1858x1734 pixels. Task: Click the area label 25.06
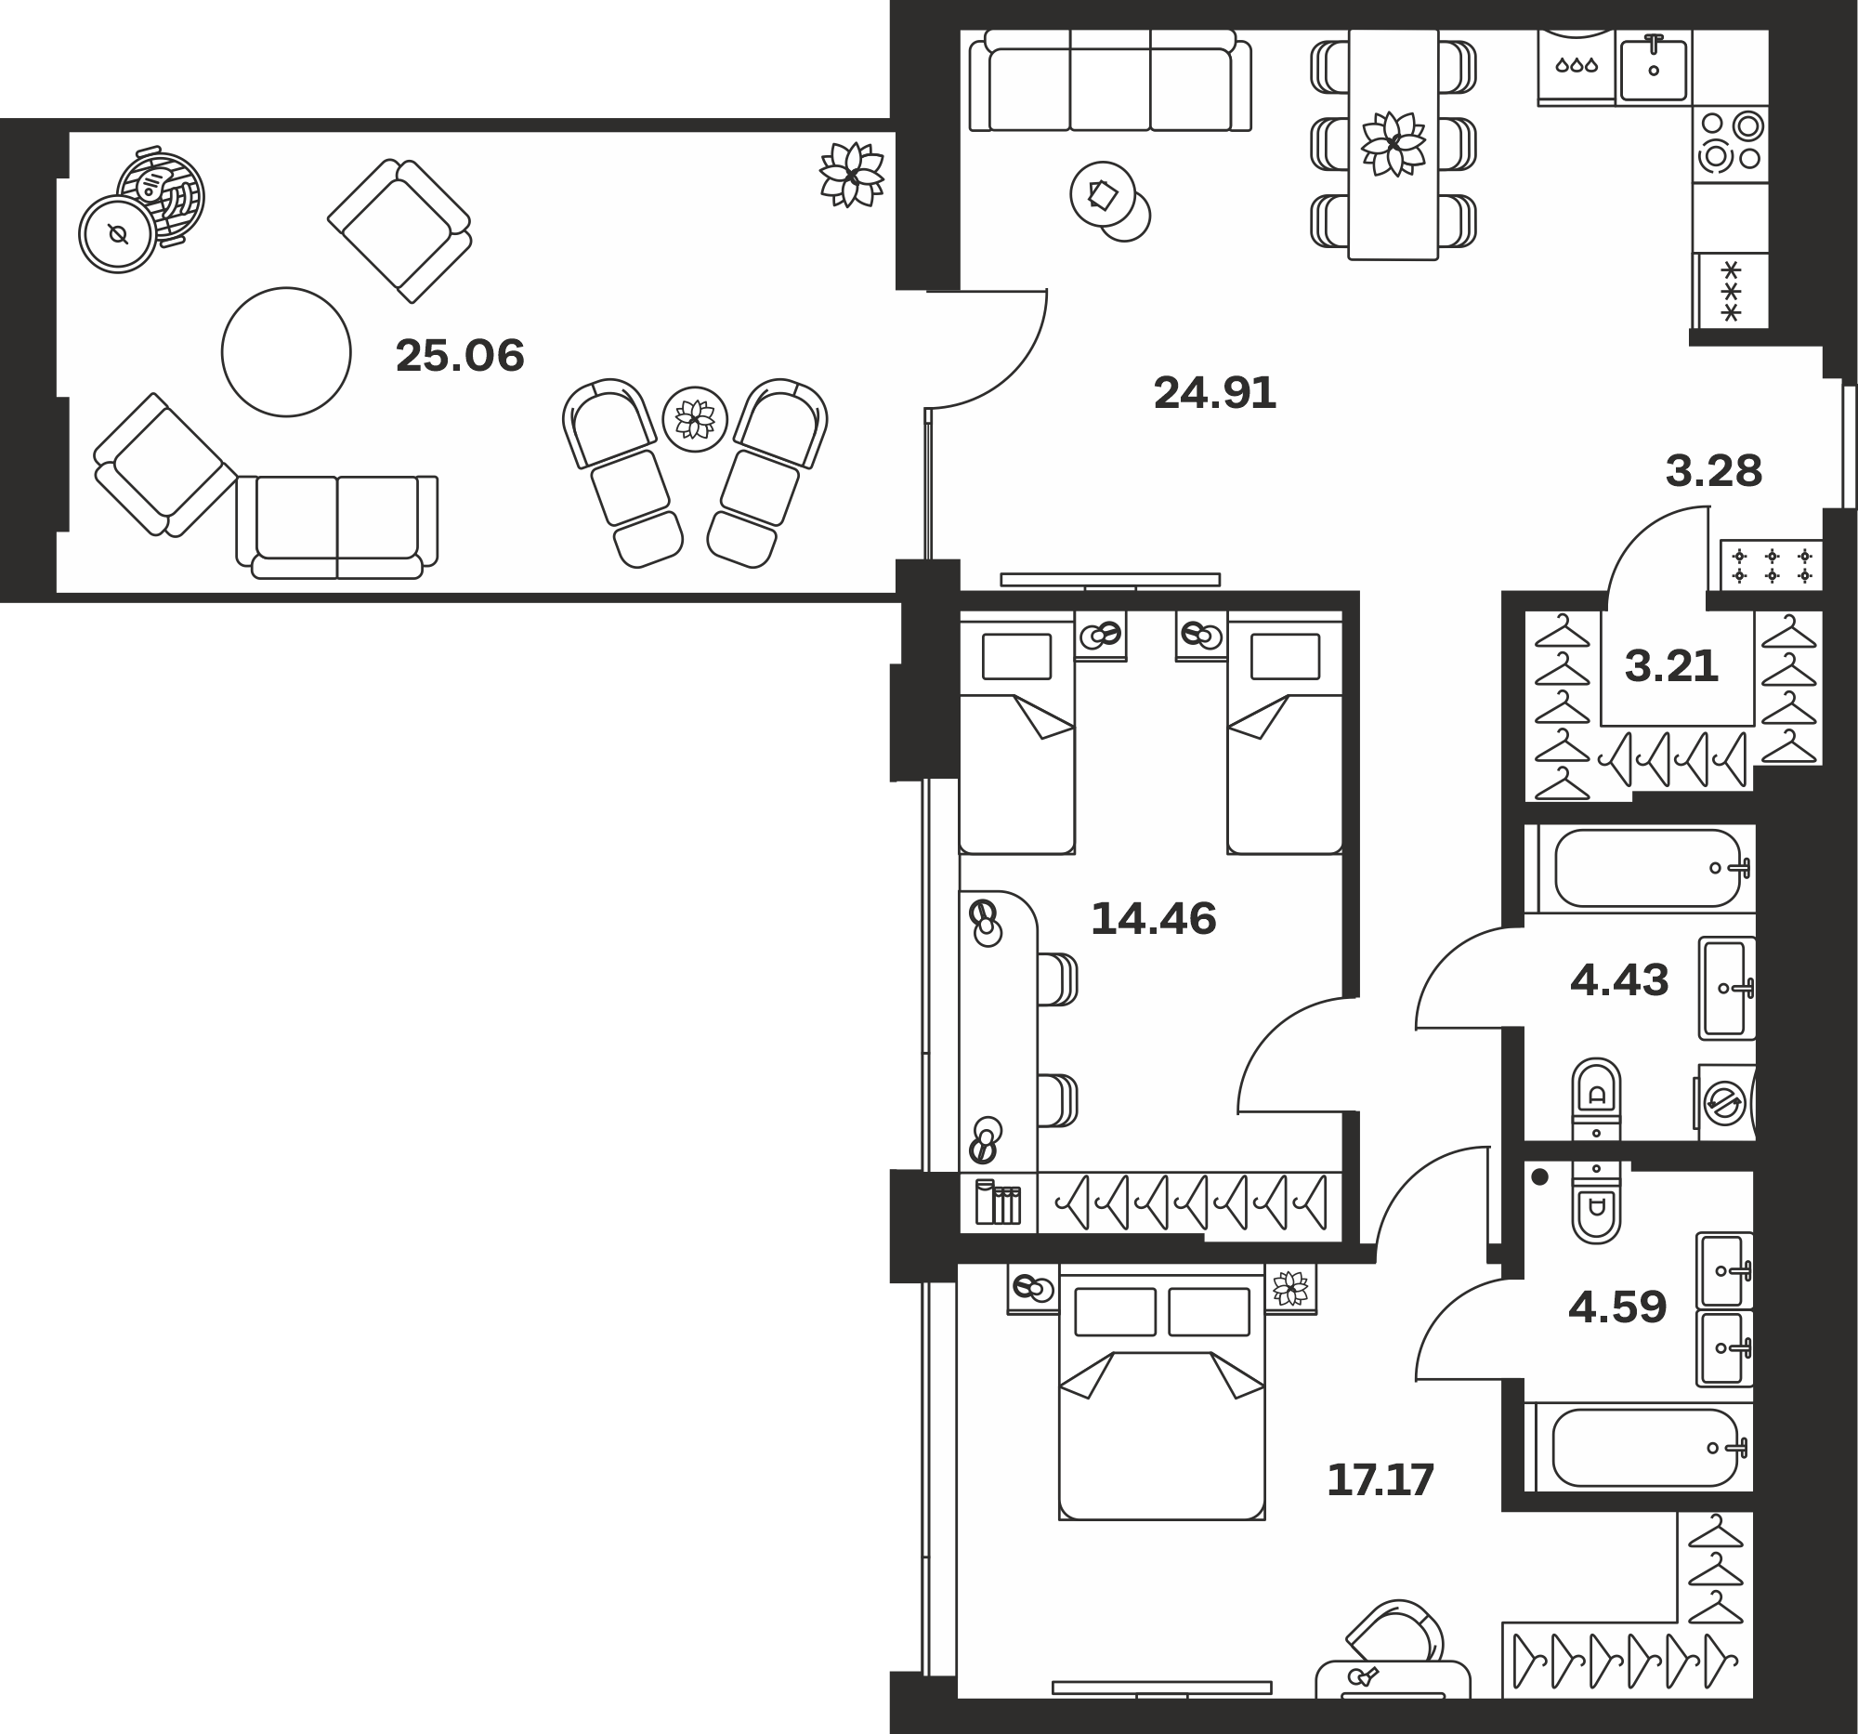click(x=460, y=356)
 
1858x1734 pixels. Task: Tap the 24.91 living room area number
click(x=1215, y=393)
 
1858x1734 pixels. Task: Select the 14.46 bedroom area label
click(x=1153, y=919)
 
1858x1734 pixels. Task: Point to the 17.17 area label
click(x=1380, y=1480)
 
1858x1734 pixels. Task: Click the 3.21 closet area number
click(x=1671, y=666)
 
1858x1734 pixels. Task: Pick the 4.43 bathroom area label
click(x=1618, y=980)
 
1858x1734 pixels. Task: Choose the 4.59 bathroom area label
click(x=1616, y=1307)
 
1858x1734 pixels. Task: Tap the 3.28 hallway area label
click(x=1714, y=471)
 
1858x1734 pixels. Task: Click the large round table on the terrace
click(x=286, y=351)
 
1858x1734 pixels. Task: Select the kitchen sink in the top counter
click(x=1655, y=67)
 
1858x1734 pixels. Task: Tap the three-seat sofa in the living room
click(x=1109, y=81)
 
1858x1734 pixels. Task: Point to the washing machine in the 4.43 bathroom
click(x=1724, y=1103)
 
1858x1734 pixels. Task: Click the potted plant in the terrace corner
click(x=851, y=175)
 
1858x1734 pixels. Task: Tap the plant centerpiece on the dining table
click(x=1393, y=144)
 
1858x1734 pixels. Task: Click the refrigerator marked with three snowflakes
click(x=1731, y=291)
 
